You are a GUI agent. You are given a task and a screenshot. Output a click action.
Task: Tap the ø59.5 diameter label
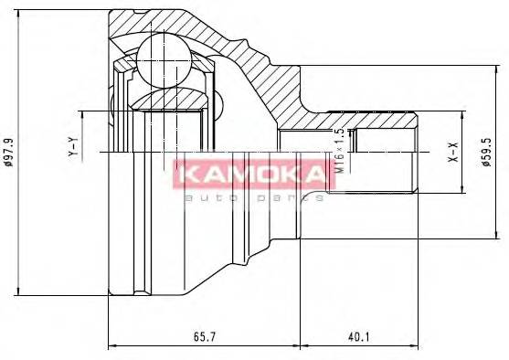pyautogui.click(x=490, y=152)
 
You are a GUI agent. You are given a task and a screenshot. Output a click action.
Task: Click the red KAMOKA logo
pyautogui.click(x=248, y=174)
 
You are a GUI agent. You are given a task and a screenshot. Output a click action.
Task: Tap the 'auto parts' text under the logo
pyautogui.click(x=253, y=196)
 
